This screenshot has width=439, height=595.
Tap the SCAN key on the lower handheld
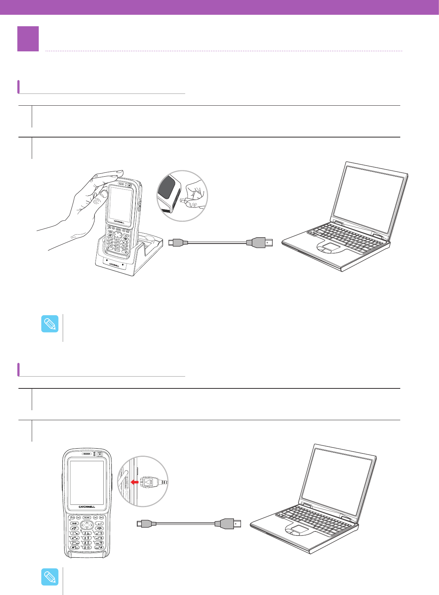pyautogui.click(x=87, y=517)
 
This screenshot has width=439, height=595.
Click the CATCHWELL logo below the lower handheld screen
pyautogui.click(x=87, y=507)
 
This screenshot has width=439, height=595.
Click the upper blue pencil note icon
pyautogui.click(x=49, y=324)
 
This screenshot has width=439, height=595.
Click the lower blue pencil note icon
pyautogui.click(x=49, y=577)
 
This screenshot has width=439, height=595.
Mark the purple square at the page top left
pyautogui.click(x=28, y=39)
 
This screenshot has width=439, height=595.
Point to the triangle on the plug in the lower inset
pyautogui.click(x=148, y=482)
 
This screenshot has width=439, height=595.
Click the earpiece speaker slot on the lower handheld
pyautogui.click(x=87, y=454)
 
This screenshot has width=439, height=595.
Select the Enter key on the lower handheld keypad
pyautogui.click(x=100, y=523)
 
